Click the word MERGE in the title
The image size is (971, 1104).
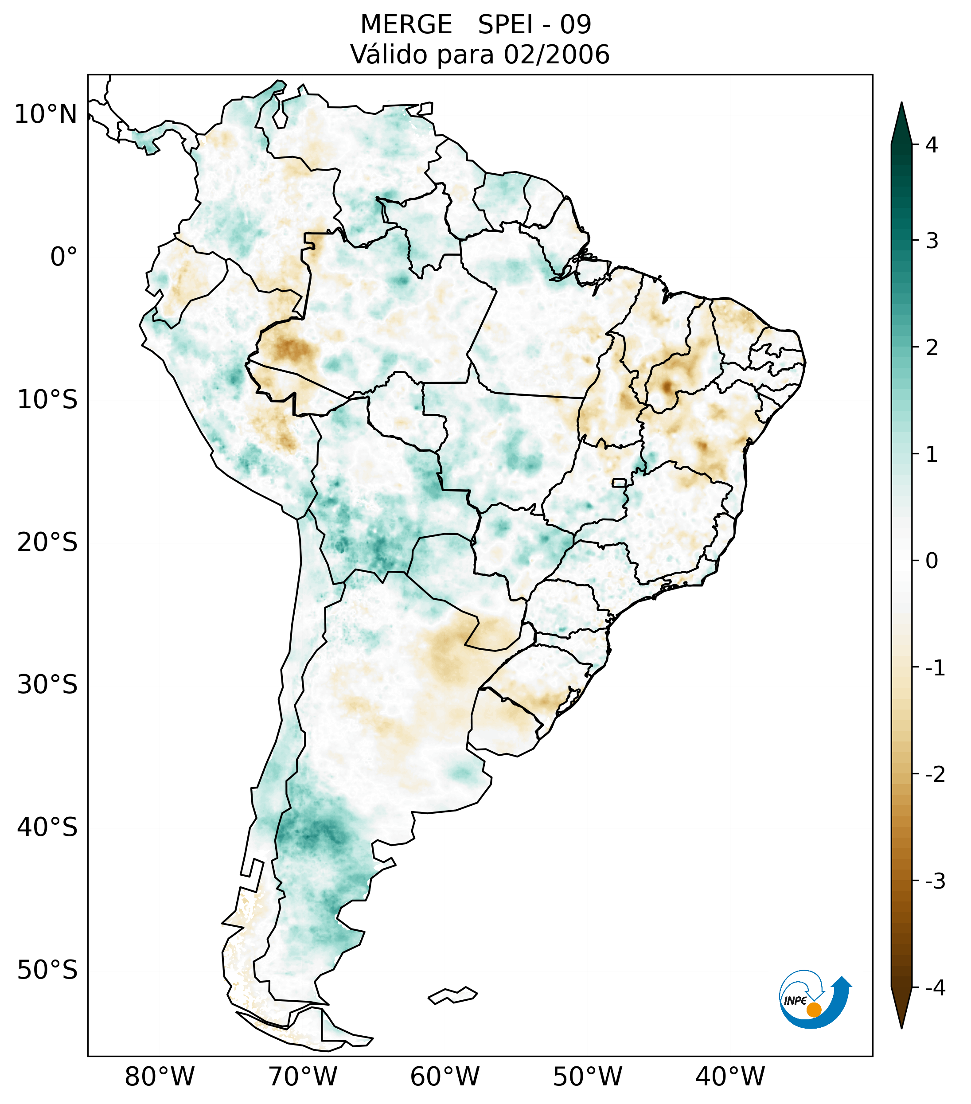[x=406, y=25]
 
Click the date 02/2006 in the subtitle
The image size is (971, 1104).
[x=556, y=55]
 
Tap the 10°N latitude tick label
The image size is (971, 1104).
[x=46, y=114]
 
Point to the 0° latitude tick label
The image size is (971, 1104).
[x=64, y=257]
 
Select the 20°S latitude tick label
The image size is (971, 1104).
[x=47, y=542]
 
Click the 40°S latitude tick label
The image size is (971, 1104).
[x=47, y=827]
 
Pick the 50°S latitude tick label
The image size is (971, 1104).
[x=47, y=970]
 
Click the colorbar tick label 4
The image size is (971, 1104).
[x=932, y=145]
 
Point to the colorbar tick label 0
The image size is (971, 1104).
[x=932, y=561]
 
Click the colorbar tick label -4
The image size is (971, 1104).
[x=935, y=988]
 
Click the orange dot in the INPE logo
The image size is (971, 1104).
[x=813, y=1010]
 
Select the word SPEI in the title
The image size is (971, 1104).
[x=506, y=25]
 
